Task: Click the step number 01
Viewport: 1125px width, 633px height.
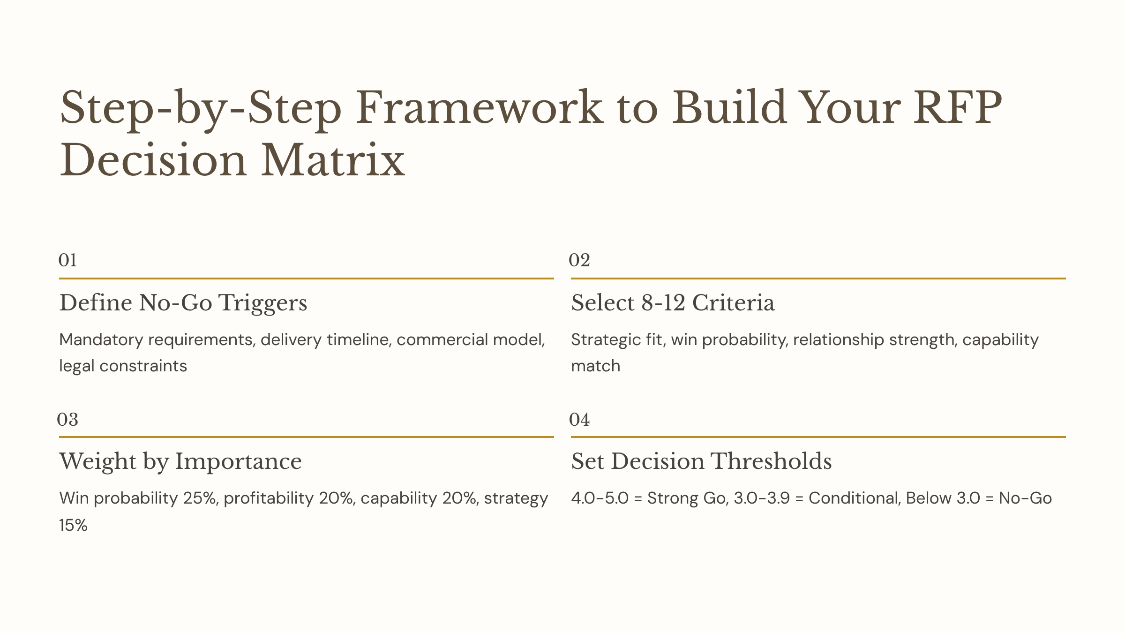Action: (x=67, y=260)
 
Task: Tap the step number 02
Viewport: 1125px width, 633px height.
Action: (x=579, y=260)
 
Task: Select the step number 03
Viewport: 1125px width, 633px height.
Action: (x=67, y=419)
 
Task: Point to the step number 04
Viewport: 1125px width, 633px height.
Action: (x=579, y=419)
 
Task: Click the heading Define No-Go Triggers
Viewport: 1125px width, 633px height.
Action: (x=183, y=303)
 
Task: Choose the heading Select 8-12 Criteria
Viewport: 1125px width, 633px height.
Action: (x=673, y=303)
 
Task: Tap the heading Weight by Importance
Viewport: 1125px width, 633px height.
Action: (x=180, y=461)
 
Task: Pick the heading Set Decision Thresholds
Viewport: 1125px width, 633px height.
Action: (x=701, y=461)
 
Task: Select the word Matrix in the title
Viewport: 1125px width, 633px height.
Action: (x=333, y=161)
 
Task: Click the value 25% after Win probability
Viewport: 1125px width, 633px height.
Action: (x=201, y=498)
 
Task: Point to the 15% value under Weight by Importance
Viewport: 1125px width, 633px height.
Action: (x=73, y=525)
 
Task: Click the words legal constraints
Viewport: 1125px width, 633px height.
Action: (x=123, y=366)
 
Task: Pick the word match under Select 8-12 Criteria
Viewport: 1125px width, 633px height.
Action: (x=595, y=366)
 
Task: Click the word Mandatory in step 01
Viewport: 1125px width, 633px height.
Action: (x=101, y=339)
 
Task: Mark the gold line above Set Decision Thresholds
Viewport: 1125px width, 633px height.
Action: (x=818, y=437)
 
